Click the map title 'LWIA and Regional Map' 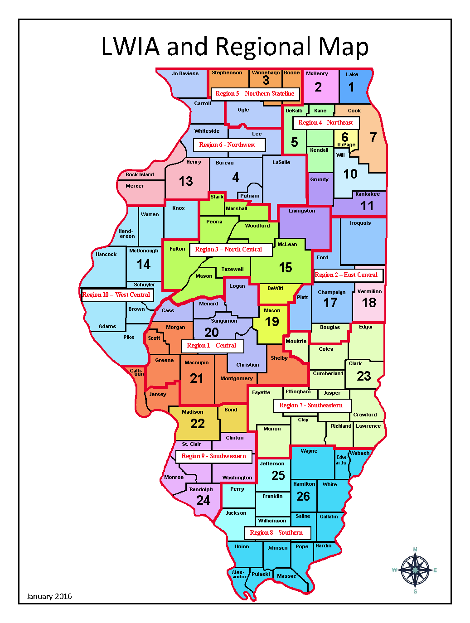tap(235, 47)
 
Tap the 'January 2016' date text tap(49, 596)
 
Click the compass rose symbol tap(415, 570)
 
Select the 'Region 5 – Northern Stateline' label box tap(255, 94)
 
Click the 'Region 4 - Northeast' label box tap(325, 123)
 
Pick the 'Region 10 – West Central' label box tap(116, 295)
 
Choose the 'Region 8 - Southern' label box tap(276, 533)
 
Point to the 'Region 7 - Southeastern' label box tap(311, 406)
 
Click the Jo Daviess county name tap(185, 73)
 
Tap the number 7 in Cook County tap(373, 137)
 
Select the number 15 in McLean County tap(286, 268)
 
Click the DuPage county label tap(346, 145)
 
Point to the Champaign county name tap(331, 292)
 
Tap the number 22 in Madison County tap(197, 424)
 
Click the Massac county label tap(286, 576)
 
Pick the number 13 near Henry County tap(186, 181)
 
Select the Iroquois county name tap(360, 223)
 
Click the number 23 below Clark tap(363, 376)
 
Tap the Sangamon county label tap(224, 321)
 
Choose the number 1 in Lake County tap(351, 87)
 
